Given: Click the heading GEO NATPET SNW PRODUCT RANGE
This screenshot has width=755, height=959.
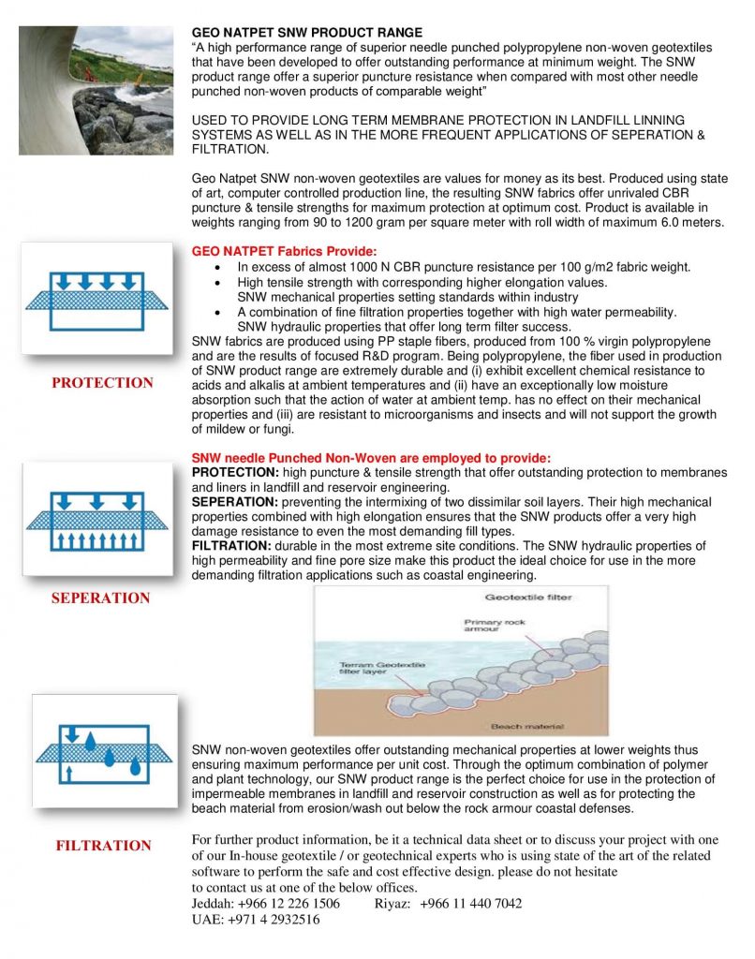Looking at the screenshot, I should [x=306, y=33].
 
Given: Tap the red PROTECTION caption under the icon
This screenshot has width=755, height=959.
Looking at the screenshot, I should [x=102, y=383].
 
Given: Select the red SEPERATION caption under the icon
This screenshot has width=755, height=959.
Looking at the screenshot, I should [x=101, y=598].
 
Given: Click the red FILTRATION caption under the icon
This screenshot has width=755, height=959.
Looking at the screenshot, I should [x=103, y=846].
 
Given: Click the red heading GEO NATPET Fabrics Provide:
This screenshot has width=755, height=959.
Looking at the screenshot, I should [x=284, y=252].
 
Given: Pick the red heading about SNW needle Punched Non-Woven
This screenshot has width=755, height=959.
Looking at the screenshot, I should [x=371, y=458].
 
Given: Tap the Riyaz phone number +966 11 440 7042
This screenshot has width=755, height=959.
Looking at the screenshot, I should [x=470, y=904].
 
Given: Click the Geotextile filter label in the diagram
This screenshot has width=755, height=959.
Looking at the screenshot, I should [x=527, y=597].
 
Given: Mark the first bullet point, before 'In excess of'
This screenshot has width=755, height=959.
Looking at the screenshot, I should [x=218, y=268].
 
